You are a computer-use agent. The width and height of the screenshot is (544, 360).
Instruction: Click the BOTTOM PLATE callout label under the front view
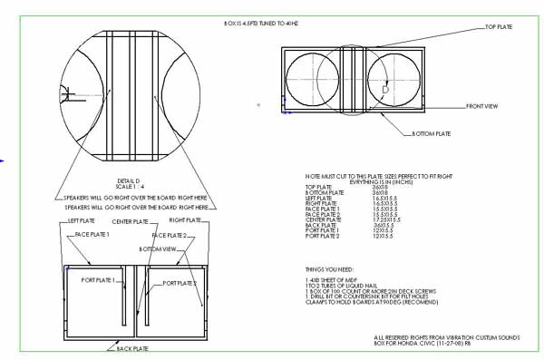tap(431, 133)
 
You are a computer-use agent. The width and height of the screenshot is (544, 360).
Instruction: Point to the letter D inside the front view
tap(384, 90)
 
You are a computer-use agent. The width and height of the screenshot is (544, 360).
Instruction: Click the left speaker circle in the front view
tap(313, 80)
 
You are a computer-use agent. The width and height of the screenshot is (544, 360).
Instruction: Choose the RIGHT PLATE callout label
tap(186, 219)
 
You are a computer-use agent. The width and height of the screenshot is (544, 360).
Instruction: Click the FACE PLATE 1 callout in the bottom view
tap(92, 234)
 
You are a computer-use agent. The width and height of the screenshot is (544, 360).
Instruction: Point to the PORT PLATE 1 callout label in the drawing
tap(100, 280)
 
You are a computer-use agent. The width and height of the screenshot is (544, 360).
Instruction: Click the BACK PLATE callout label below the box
tap(123, 346)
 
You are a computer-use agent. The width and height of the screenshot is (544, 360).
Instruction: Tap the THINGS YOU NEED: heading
tap(332, 269)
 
